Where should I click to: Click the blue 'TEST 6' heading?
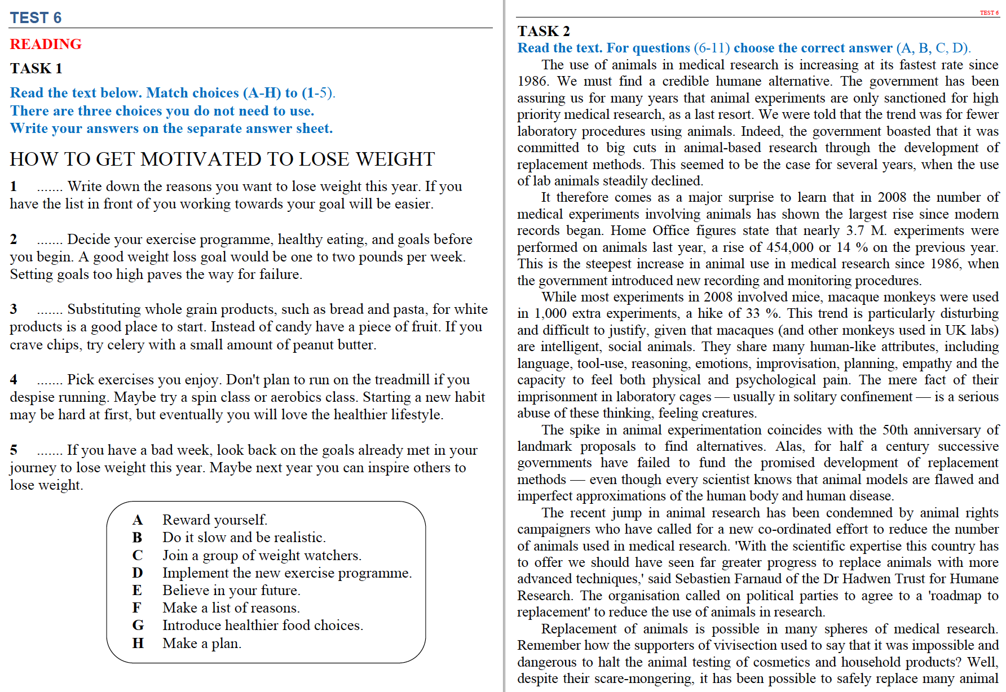pos(36,18)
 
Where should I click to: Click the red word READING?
pos(46,44)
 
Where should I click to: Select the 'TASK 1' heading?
pos(36,68)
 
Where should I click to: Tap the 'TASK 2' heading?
pos(544,31)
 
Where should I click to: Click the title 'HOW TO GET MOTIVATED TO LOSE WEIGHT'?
pos(222,159)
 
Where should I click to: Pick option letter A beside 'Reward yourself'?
pos(138,520)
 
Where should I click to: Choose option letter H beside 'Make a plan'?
pos(138,643)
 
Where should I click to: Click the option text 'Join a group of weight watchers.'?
pos(262,555)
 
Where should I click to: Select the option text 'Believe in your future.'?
pos(231,590)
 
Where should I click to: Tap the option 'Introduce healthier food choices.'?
pos(263,625)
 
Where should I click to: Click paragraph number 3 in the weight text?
pos(14,309)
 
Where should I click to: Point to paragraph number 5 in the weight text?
pos(14,450)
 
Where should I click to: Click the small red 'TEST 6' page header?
pos(989,12)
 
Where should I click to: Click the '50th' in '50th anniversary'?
pos(895,430)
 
